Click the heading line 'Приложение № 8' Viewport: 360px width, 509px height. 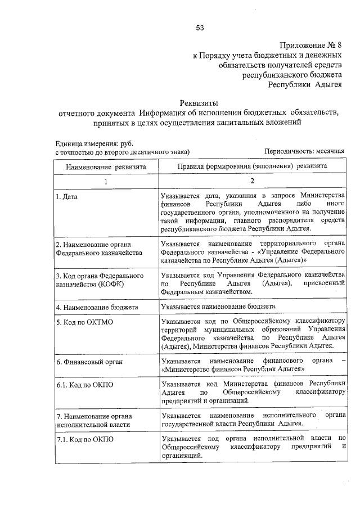310,45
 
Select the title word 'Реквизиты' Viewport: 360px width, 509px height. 198,102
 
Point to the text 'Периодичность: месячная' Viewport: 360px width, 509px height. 304,152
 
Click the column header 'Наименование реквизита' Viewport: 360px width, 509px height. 106,167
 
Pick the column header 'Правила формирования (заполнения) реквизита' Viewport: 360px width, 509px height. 252,167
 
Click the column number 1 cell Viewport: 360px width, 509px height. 106,181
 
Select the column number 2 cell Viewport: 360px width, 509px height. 252,181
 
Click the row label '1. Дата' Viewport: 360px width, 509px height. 66,197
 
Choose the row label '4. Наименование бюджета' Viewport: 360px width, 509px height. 95,307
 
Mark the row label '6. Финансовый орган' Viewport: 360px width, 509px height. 88,362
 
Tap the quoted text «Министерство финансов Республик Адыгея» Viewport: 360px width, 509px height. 233,368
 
